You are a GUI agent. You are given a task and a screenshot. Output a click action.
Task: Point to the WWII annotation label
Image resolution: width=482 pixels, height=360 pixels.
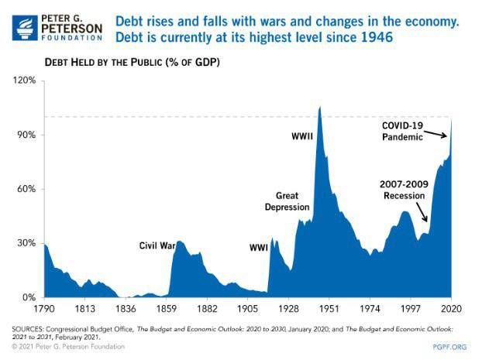click(301, 137)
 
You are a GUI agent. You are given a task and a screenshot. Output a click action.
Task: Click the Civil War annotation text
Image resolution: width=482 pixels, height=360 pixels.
click(157, 245)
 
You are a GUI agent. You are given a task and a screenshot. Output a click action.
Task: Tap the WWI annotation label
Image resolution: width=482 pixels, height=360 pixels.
click(258, 248)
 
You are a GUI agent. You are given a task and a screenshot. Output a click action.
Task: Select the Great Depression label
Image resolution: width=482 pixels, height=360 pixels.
click(287, 201)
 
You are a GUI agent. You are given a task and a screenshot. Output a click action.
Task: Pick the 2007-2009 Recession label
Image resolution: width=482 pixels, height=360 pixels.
click(402, 190)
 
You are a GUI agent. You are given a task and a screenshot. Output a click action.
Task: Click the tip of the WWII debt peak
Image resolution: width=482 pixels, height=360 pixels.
click(320, 107)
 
